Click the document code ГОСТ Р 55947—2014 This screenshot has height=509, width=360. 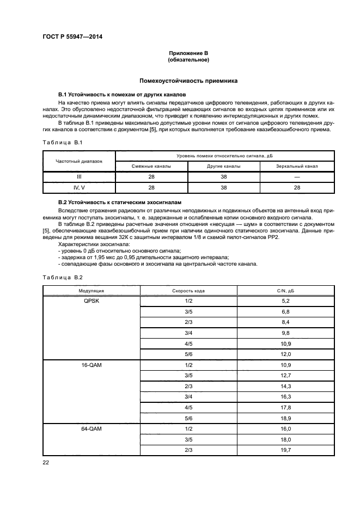(72, 36)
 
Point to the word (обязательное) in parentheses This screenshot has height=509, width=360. (188, 59)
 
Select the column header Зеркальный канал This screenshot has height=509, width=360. (297, 166)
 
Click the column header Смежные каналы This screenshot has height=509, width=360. (151, 166)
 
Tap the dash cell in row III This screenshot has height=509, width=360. (297, 177)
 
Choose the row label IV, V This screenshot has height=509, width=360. (79, 187)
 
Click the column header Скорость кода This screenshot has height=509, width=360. (188, 291)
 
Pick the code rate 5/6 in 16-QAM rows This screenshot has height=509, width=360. (188, 418)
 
